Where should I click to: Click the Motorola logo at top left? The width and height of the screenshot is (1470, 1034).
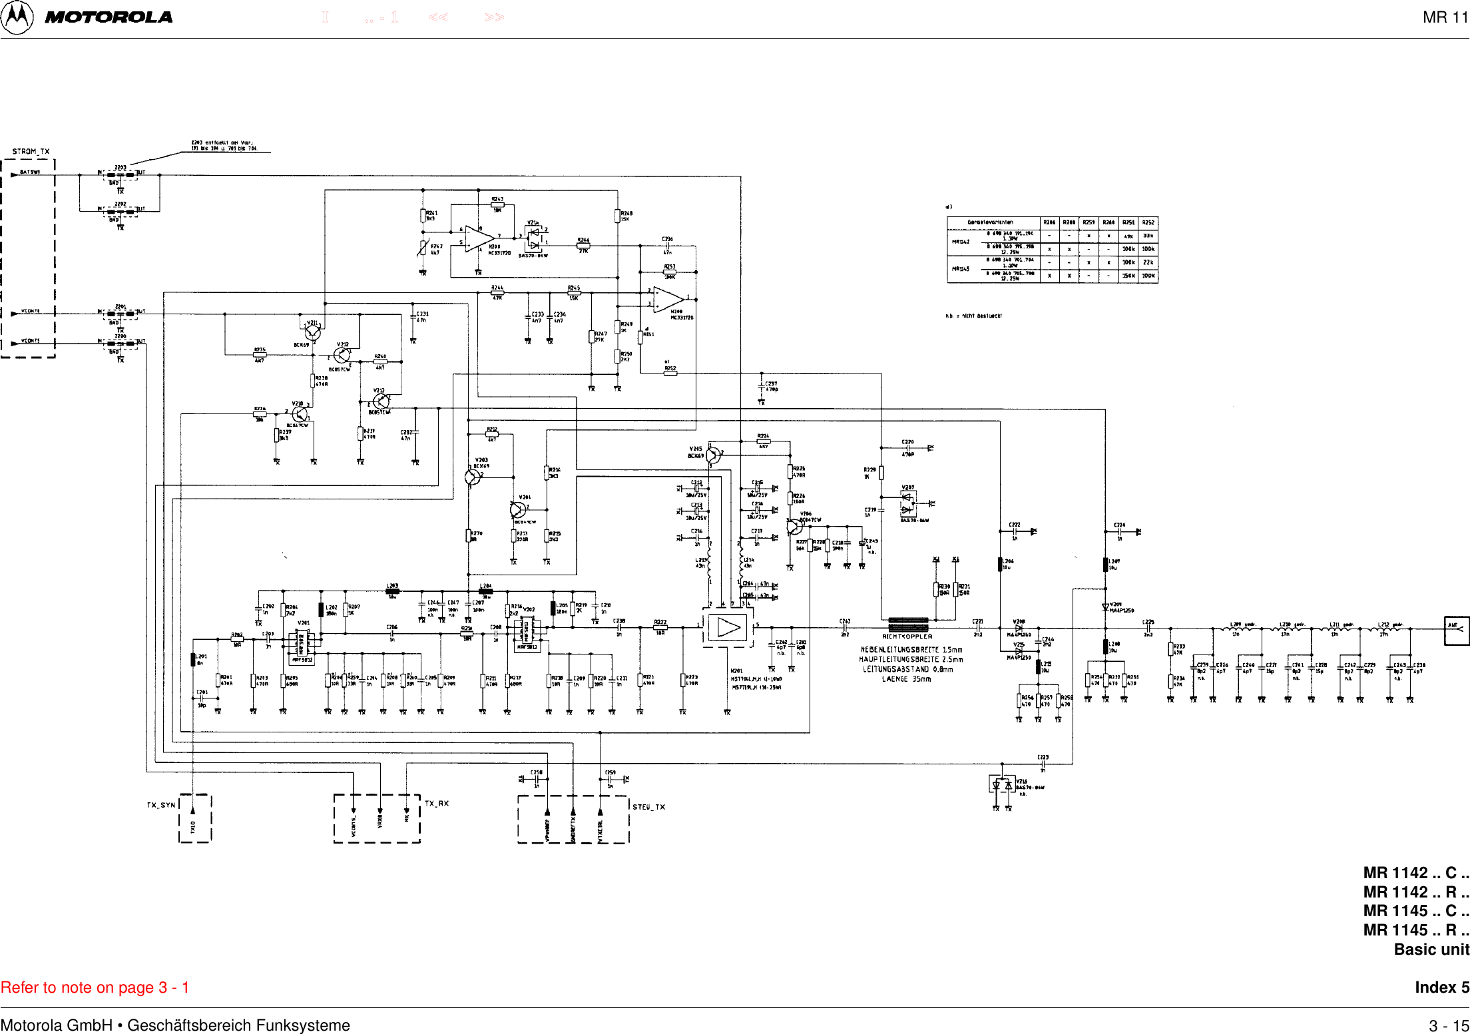click(17, 17)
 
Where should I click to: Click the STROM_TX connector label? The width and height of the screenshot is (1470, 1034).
click(31, 151)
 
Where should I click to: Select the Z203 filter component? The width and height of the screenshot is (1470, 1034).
click(121, 174)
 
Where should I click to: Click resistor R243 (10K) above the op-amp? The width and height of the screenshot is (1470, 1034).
click(497, 205)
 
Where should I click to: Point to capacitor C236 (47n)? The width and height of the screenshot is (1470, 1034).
click(667, 246)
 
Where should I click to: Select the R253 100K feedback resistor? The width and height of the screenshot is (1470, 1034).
click(670, 272)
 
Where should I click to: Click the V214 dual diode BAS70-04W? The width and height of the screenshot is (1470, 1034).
click(534, 238)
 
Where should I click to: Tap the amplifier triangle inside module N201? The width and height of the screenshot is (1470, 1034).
click(728, 628)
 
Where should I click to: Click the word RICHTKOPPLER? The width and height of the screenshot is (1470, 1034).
click(907, 637)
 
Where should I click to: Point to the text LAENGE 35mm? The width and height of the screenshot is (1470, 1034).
click(906, 679)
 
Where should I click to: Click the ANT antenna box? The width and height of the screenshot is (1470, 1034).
click(1456, 630)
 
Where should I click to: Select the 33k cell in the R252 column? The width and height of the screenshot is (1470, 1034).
click(1148, 236)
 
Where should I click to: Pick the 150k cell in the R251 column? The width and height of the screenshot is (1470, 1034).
click(1128, 276)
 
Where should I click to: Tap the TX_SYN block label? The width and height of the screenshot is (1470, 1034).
click(161, 805)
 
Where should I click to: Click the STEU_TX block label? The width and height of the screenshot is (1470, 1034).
click(648, 807)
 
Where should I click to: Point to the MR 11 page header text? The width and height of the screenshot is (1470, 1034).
click(1445, 17)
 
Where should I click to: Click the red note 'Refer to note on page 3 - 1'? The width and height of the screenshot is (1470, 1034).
click(95, 987)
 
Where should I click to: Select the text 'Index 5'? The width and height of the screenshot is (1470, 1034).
click(1441, 987)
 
